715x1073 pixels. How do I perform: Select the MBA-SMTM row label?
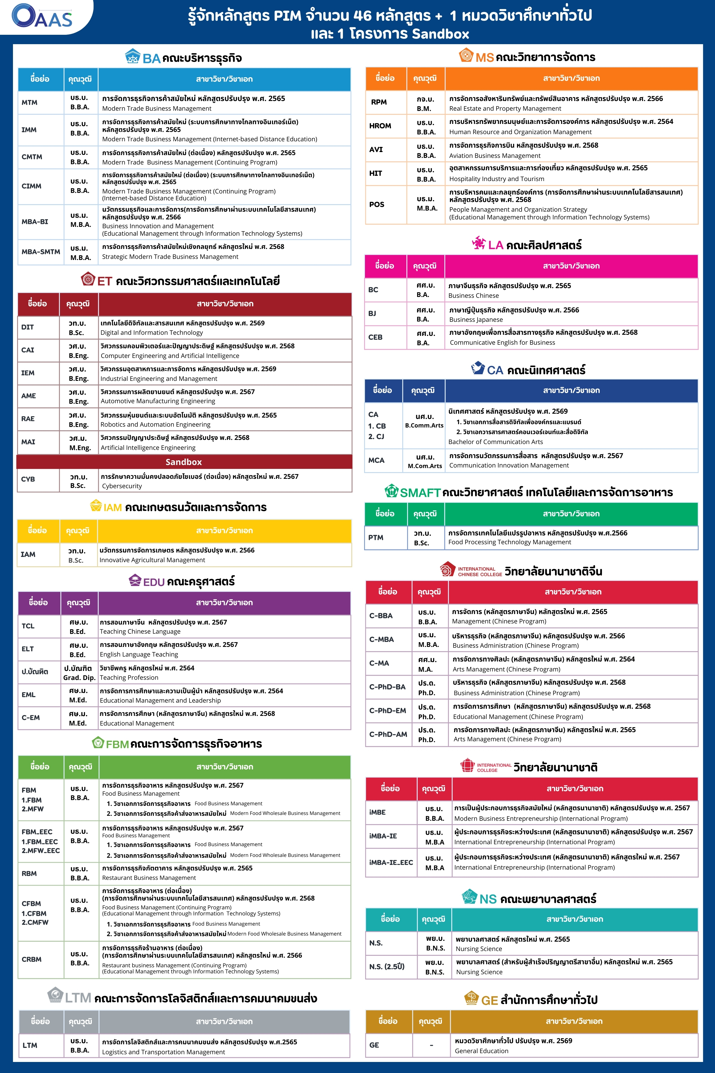coord(41,252)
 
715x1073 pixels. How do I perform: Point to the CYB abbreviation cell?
coord(28,479)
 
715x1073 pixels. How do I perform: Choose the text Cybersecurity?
coord(122,486)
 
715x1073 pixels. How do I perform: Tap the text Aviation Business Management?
coord(495,156)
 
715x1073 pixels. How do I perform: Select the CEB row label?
coord(375,337)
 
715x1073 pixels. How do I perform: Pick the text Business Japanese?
coord(476,320)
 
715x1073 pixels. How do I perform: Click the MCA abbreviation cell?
coord(376,460)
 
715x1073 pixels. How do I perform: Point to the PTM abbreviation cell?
coord(376,537)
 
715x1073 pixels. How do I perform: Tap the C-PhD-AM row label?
coord(388,734)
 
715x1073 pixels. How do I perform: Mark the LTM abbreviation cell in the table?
coord(30,1045)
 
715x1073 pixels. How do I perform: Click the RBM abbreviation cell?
coord(29,873)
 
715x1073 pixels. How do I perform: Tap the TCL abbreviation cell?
coord(28,626)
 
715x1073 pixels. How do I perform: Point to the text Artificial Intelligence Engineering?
coord(148,448)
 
